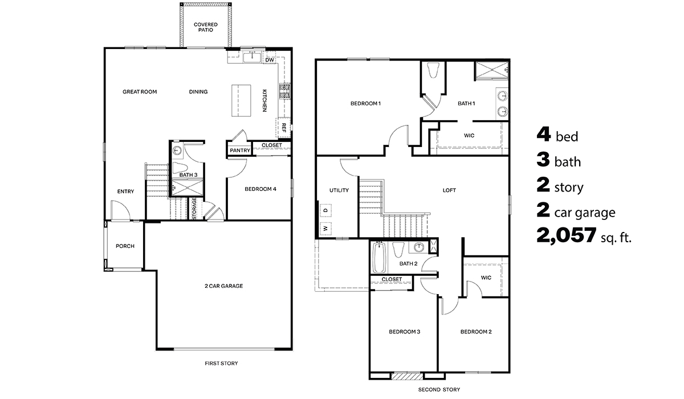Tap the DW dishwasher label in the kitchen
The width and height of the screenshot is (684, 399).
pos(270,59)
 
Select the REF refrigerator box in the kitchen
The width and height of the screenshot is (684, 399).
pos(283,128)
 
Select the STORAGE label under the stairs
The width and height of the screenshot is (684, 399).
pos(194,209)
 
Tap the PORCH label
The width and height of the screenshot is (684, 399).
pos(125,246)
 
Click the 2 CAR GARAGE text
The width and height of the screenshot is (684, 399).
pos(224,286)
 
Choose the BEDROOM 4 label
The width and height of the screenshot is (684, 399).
pos(260,189)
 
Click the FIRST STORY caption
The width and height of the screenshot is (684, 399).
pos(222,363)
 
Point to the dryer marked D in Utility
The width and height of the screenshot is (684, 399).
pos(325,210)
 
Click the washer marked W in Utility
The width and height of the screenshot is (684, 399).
pos(325,229)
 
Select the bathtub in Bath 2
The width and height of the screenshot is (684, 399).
pos(378,258)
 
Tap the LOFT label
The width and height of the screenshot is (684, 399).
pos(449,190)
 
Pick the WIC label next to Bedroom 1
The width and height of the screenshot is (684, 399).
pos(469,136)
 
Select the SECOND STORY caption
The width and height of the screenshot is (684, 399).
pos(439,389)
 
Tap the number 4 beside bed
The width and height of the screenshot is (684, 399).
pos(543,135)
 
